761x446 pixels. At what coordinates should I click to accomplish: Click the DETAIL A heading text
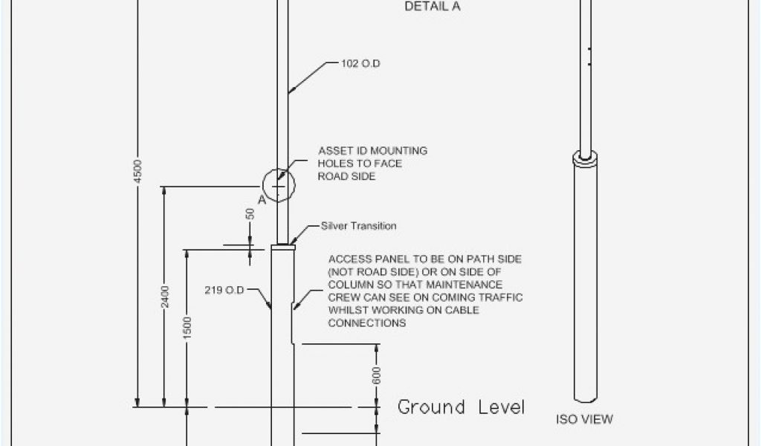[433, 7]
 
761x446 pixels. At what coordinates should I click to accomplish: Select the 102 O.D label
[361, 64]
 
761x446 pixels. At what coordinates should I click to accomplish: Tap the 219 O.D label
[224, 290]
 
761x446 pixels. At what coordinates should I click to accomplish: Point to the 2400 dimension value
[165, 297]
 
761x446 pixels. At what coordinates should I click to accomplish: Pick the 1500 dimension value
[187, 327]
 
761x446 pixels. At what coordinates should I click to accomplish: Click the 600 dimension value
[377, 376]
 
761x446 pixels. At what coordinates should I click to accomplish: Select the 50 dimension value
[250, 214]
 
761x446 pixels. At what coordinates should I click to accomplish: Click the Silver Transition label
[359, 226]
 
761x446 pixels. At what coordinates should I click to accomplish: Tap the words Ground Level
[461, 407]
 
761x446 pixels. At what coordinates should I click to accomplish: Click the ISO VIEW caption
[585, 419]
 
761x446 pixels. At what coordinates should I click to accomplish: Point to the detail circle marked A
[279, 184]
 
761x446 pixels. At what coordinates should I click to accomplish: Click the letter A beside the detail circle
[260, 199]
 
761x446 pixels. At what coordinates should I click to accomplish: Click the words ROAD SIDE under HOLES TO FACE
[347, 176]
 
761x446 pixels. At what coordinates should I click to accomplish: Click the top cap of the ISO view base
[586, 158]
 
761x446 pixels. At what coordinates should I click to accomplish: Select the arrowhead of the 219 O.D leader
[271, 310]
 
